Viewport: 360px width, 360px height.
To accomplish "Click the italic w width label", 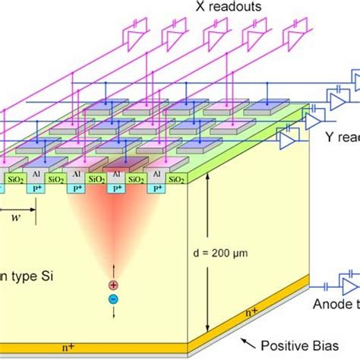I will (x=16, y=217).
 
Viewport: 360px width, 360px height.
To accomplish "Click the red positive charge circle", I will (x=113, y=286).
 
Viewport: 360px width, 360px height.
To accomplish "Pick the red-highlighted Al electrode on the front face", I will (x=116, y=174).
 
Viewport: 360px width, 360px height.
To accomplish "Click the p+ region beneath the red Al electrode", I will (x=116, y=187).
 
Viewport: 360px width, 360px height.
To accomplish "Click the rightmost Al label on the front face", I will (x=157, y=174).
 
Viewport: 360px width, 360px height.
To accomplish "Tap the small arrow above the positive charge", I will (x=113, y=272).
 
